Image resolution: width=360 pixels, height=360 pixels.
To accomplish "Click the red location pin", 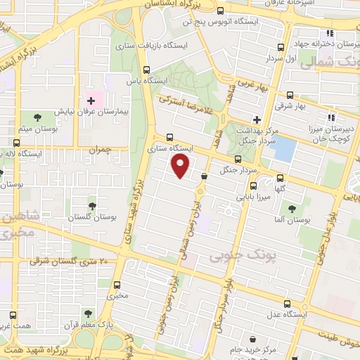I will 181,166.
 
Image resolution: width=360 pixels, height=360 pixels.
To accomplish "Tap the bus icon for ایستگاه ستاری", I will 170,138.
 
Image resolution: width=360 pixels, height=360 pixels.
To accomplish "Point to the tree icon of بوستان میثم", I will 37,115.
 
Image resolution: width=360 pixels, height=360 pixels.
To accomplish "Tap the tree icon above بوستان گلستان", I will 92,205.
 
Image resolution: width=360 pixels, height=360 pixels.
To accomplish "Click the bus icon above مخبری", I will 117,285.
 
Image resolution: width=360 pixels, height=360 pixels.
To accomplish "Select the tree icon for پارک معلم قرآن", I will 87,314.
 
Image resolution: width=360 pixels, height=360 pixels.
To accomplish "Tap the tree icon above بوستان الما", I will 290,209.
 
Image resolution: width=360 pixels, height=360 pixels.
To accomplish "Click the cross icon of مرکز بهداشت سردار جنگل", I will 258,120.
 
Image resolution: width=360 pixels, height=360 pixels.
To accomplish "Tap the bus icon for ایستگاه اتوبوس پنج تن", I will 221,10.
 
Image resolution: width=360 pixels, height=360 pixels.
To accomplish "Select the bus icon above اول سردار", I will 281,47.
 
